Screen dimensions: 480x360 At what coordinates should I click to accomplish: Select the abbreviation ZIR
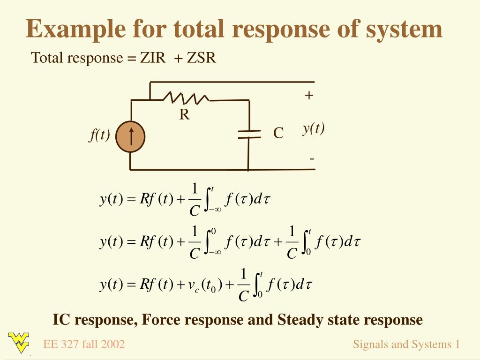click(152, 58)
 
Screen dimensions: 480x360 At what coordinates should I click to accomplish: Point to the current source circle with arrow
click(130, 136)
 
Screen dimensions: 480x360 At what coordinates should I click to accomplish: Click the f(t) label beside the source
click(99, 135)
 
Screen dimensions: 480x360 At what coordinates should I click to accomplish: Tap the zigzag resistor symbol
click(186, 98)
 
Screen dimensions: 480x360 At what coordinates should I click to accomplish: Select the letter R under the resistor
click(184, 115)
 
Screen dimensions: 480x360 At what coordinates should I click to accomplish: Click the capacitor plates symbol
click(248, 134)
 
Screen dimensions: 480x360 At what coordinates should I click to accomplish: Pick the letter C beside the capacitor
click(278, 134)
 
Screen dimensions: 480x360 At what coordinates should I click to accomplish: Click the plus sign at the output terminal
click(308, 96)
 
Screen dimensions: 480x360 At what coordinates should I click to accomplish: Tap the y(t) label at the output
click(314, 128)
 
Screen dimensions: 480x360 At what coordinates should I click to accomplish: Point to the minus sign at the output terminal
click(311, 158)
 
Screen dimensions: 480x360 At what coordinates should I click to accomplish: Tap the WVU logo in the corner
click(19, 342)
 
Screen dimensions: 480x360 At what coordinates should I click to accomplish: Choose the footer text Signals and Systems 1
click(406, 345)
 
